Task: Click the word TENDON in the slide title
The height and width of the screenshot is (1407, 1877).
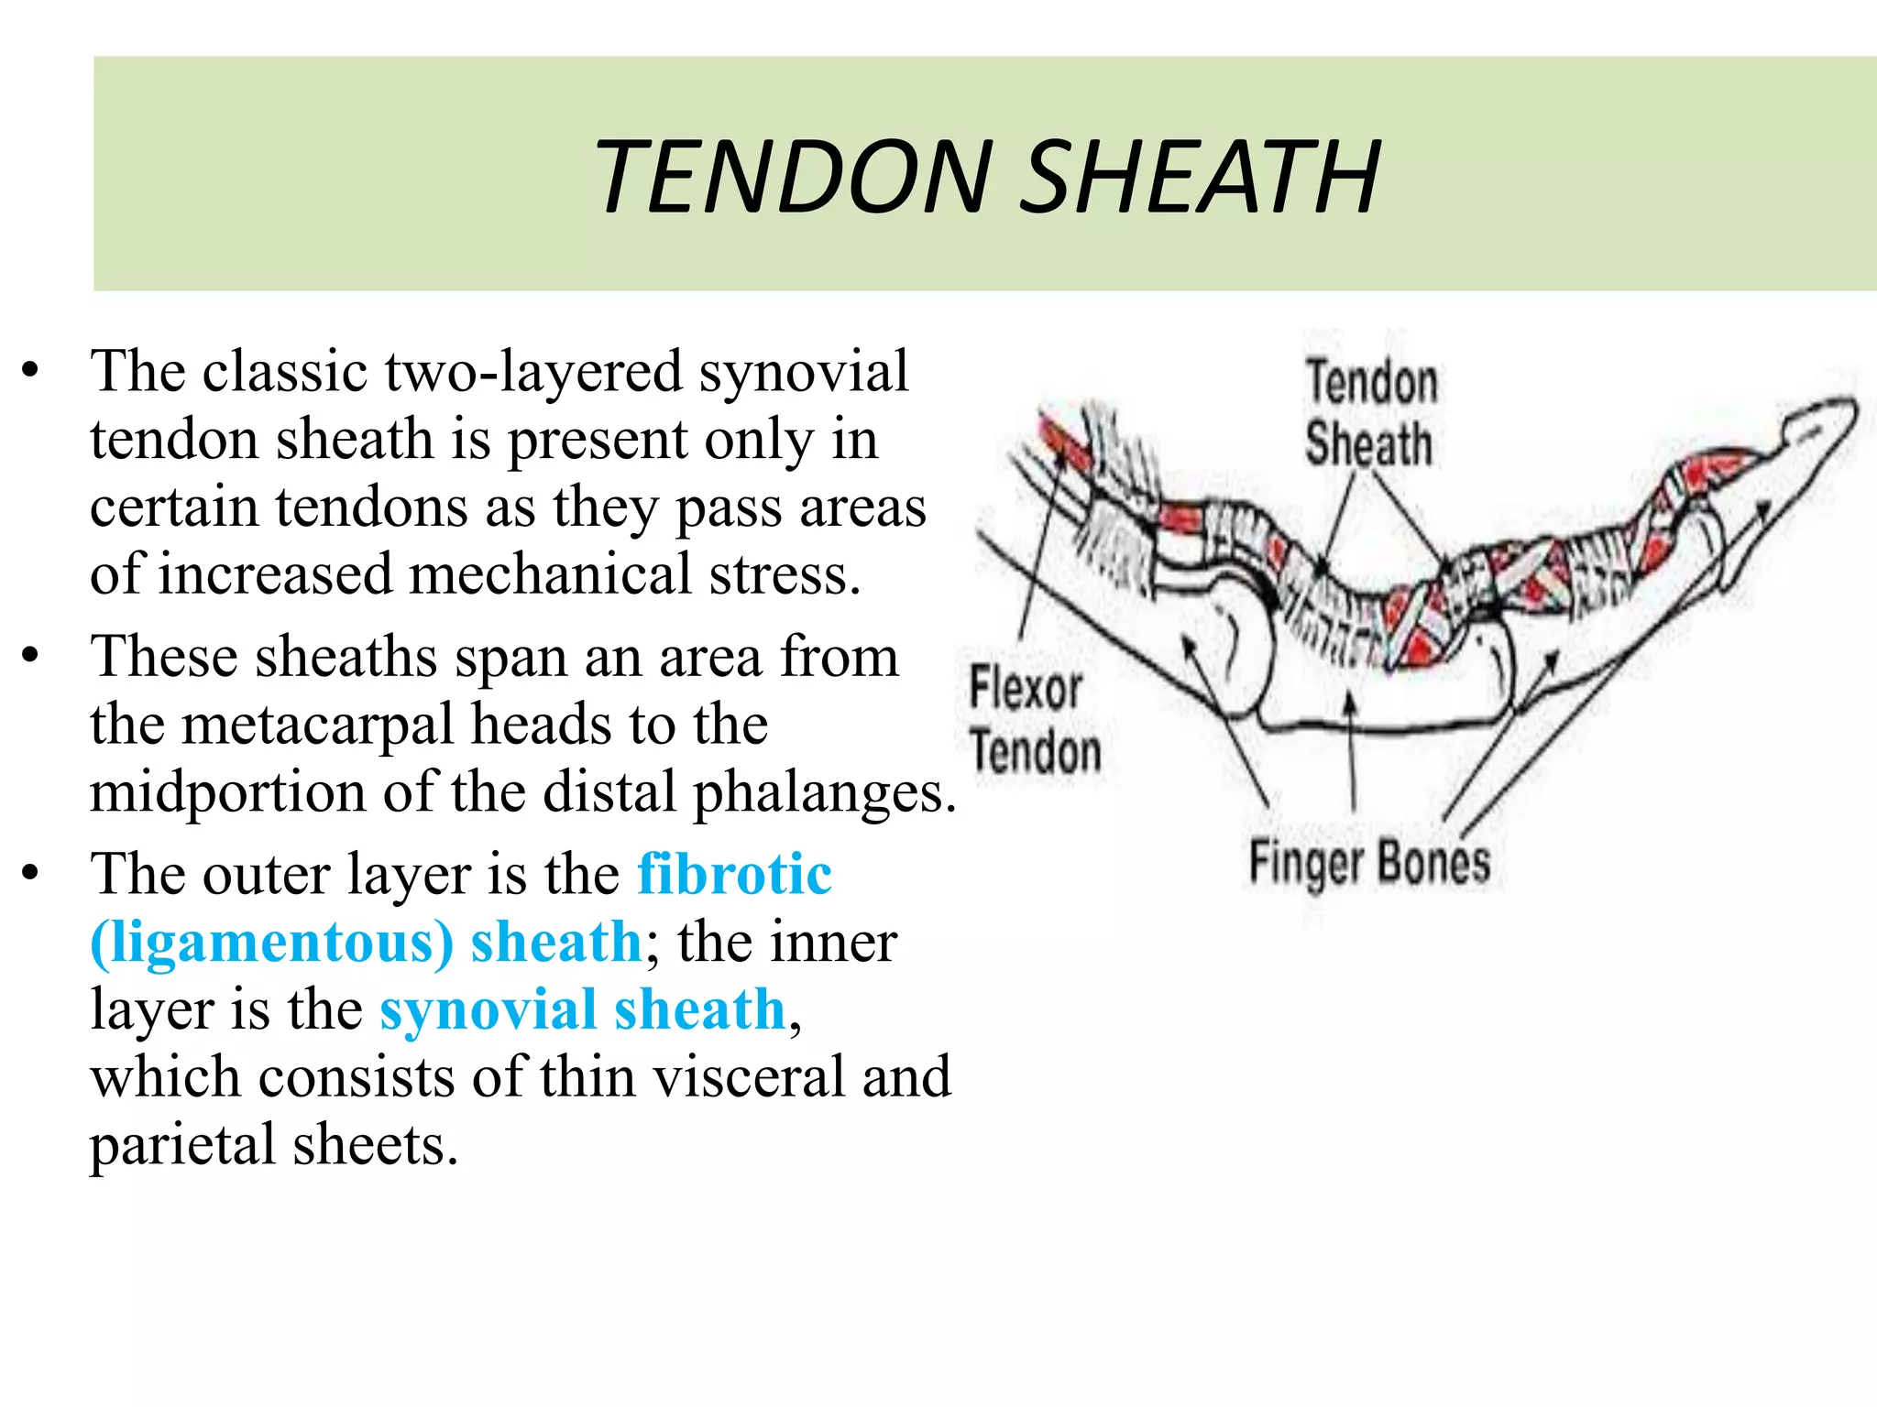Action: coord(794,177)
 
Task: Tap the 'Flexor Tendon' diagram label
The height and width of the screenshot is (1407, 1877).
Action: coord(1034,720)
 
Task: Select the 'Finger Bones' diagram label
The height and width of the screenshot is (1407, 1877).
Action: coord(1369,863)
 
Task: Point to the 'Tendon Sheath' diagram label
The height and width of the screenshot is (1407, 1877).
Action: coord(1370,412)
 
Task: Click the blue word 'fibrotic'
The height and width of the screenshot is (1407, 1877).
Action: coord(734,873)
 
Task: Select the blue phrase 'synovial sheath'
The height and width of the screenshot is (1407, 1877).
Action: coord(583,1009)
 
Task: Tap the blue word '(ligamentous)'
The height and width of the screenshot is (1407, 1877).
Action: coord(271,942)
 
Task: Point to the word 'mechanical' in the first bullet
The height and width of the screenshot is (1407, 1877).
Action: coord(550,575)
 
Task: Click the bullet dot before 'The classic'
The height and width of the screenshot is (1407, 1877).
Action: coord(31,371)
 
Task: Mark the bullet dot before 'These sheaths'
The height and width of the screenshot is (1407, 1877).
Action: coord(31,656)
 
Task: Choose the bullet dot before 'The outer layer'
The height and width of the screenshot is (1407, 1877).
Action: coord(31,873)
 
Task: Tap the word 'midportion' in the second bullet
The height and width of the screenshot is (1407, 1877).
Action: coord(227,792)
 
